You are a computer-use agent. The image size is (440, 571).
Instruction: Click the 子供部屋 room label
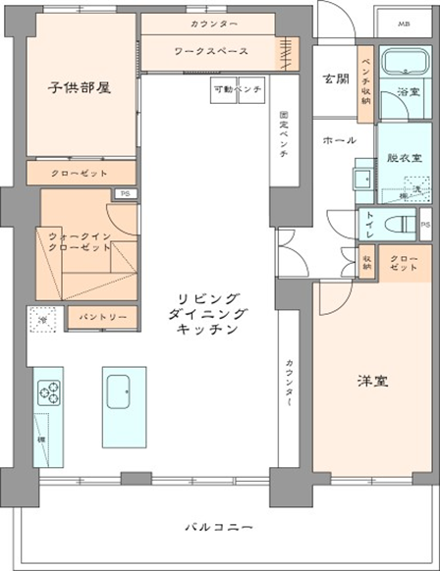[80, 87]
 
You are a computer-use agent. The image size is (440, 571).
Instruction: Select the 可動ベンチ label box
[237, 89]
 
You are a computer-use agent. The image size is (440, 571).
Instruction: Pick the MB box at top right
[404, 23]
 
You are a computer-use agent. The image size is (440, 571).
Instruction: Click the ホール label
[340, 140]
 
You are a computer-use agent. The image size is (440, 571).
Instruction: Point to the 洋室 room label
[371, 382]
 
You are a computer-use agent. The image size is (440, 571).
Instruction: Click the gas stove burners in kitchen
[48, 392]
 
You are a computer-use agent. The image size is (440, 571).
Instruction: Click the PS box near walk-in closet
[124, 194]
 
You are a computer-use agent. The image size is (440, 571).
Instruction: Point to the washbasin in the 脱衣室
[360, 180]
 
